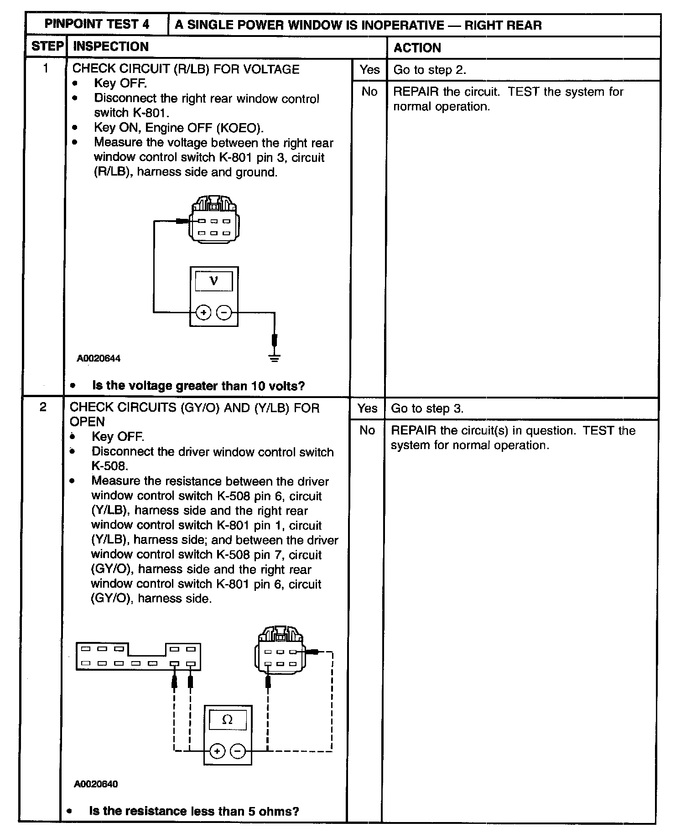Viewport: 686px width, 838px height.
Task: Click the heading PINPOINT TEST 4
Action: [97, 24]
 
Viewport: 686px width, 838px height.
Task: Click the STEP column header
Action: [47, 47]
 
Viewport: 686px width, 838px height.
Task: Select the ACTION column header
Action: [417, 47]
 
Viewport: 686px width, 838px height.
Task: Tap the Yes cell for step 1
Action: [369, 70]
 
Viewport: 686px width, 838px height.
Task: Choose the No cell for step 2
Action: [367, 430]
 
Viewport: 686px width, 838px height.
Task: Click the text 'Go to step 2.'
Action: [429, 70]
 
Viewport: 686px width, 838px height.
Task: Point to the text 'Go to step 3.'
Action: [427, 409]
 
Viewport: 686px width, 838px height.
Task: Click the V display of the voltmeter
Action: [213, 281]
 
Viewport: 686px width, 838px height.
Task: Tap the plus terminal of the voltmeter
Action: [203, 313]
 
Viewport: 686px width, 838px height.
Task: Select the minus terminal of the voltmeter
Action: [223, 313]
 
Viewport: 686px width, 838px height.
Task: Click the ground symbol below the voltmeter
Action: [274, 358]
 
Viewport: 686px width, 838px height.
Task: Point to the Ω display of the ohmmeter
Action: [227, 720]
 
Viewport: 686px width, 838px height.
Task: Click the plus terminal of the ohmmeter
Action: [217, 751]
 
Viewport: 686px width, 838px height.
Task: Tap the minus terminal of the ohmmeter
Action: [238, 751]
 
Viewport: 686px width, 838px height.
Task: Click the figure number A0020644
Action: [99, 358]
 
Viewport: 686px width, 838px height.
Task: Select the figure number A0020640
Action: [96, 784]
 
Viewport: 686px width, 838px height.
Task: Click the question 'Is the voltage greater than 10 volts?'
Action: [198, 386]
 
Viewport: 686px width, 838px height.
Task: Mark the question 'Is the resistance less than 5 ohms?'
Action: [194, 811]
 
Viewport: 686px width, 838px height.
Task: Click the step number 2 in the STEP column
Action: [43, 407]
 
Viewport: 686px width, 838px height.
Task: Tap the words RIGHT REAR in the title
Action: [503, 25]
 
